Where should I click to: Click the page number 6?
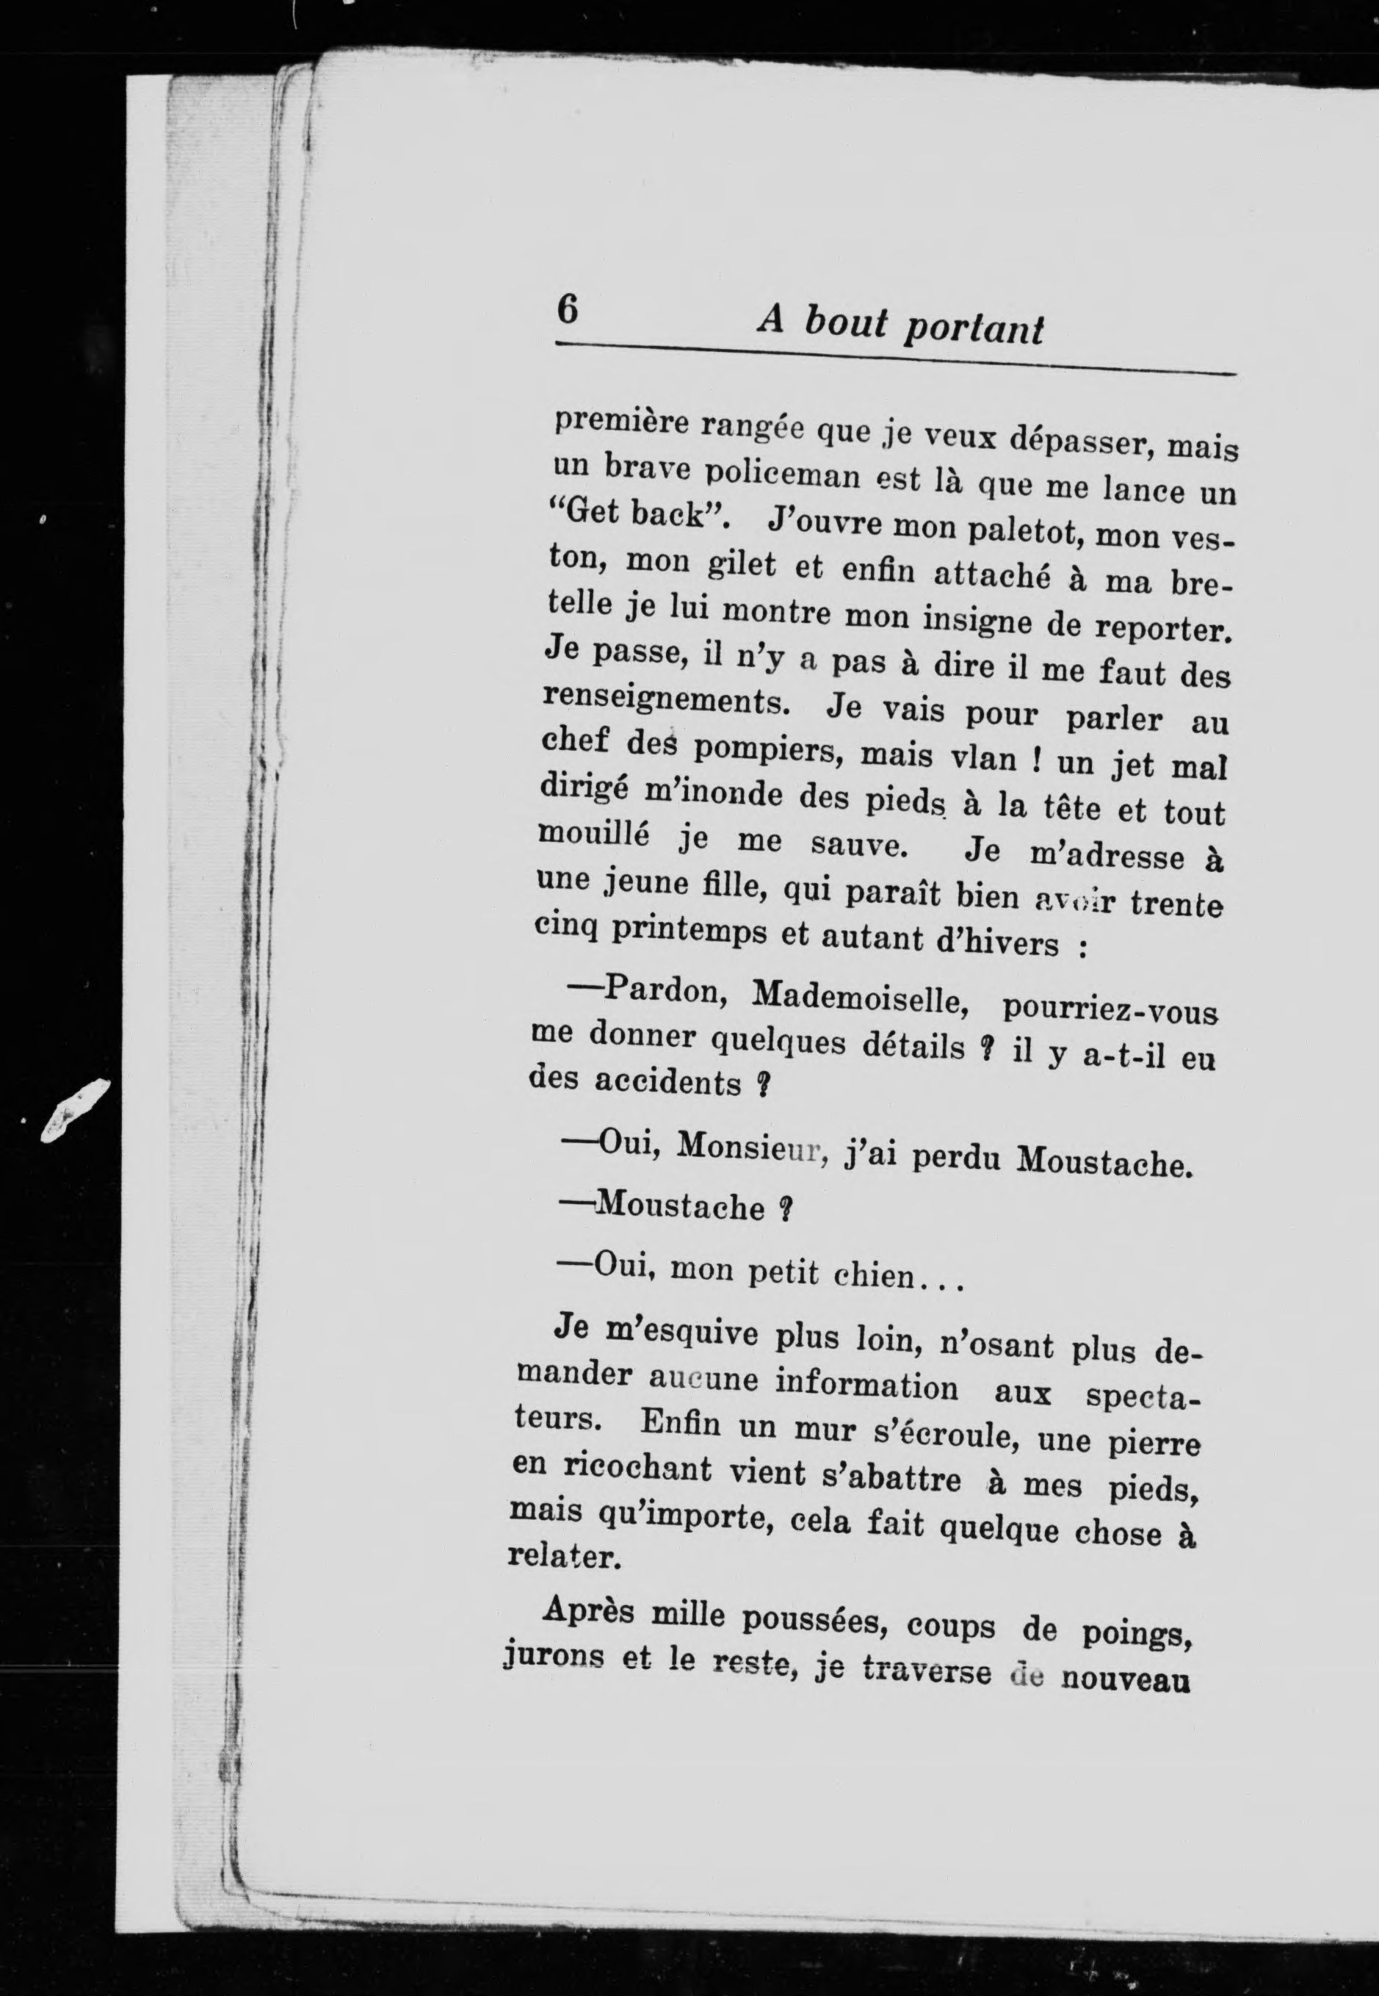[567, 309]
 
